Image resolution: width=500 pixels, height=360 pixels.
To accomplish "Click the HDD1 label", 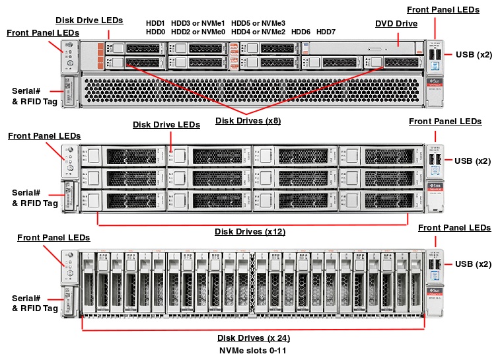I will pos(155,23).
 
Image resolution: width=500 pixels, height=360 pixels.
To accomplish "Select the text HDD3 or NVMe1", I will pos(198,23).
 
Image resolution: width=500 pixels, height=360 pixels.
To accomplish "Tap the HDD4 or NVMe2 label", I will pos(258,32).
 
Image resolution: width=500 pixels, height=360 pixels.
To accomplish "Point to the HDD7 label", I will pos(326,32).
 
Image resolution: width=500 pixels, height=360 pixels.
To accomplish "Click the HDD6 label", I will pos(301,32).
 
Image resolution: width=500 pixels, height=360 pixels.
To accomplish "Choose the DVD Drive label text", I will pos(396,24).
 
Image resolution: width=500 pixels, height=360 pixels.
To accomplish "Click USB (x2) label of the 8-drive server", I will pos(474,55).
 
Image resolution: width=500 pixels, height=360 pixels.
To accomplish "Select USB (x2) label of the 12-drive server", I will pos(474,161).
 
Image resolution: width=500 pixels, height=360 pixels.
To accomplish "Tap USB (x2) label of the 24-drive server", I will pos(474,264).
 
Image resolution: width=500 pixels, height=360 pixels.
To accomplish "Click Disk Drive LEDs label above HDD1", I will pos(89,20).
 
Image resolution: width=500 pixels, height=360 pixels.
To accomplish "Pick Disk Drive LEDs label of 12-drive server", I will pos(166,125).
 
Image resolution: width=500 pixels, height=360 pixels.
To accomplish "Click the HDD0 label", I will pos(155,32).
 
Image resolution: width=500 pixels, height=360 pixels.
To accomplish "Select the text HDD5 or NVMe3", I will pos(258,23).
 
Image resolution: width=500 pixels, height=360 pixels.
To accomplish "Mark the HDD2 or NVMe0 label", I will pos(198,32).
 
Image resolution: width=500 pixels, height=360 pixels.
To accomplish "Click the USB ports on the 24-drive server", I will pos(433,264).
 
